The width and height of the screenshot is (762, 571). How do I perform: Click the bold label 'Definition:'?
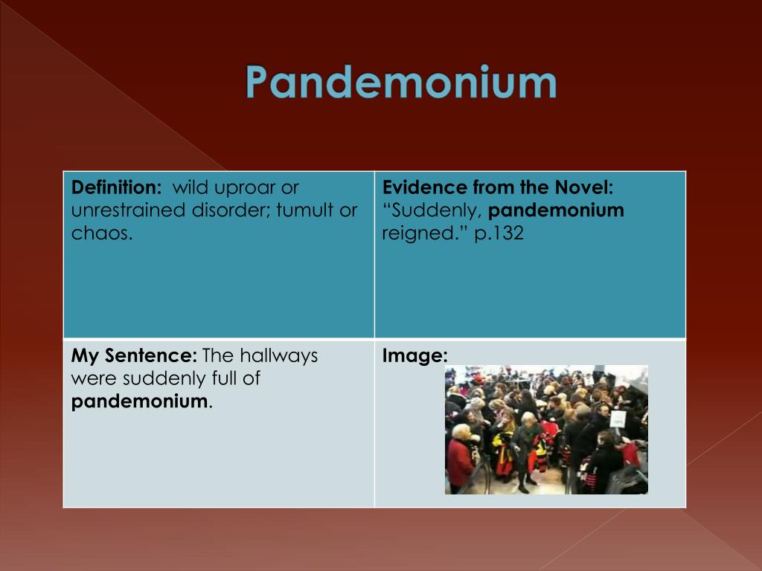tap(116, 188)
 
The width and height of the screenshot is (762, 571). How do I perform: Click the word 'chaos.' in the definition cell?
tap(102, 233)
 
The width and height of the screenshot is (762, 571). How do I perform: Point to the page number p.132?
tap(499, 233)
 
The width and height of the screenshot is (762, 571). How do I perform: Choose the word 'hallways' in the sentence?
tap(278, 355)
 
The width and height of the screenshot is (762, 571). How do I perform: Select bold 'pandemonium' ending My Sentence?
tap(139, 402)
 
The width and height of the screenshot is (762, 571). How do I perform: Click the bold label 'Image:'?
tap(414, 356)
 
